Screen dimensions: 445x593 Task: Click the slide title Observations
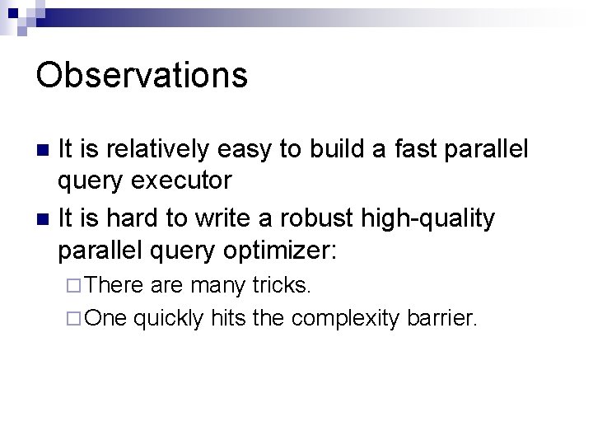coord(141,74)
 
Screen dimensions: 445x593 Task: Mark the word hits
coord(230,317)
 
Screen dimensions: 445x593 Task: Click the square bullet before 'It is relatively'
coord(43,150)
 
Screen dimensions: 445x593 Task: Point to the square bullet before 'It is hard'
coord(43,219)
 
